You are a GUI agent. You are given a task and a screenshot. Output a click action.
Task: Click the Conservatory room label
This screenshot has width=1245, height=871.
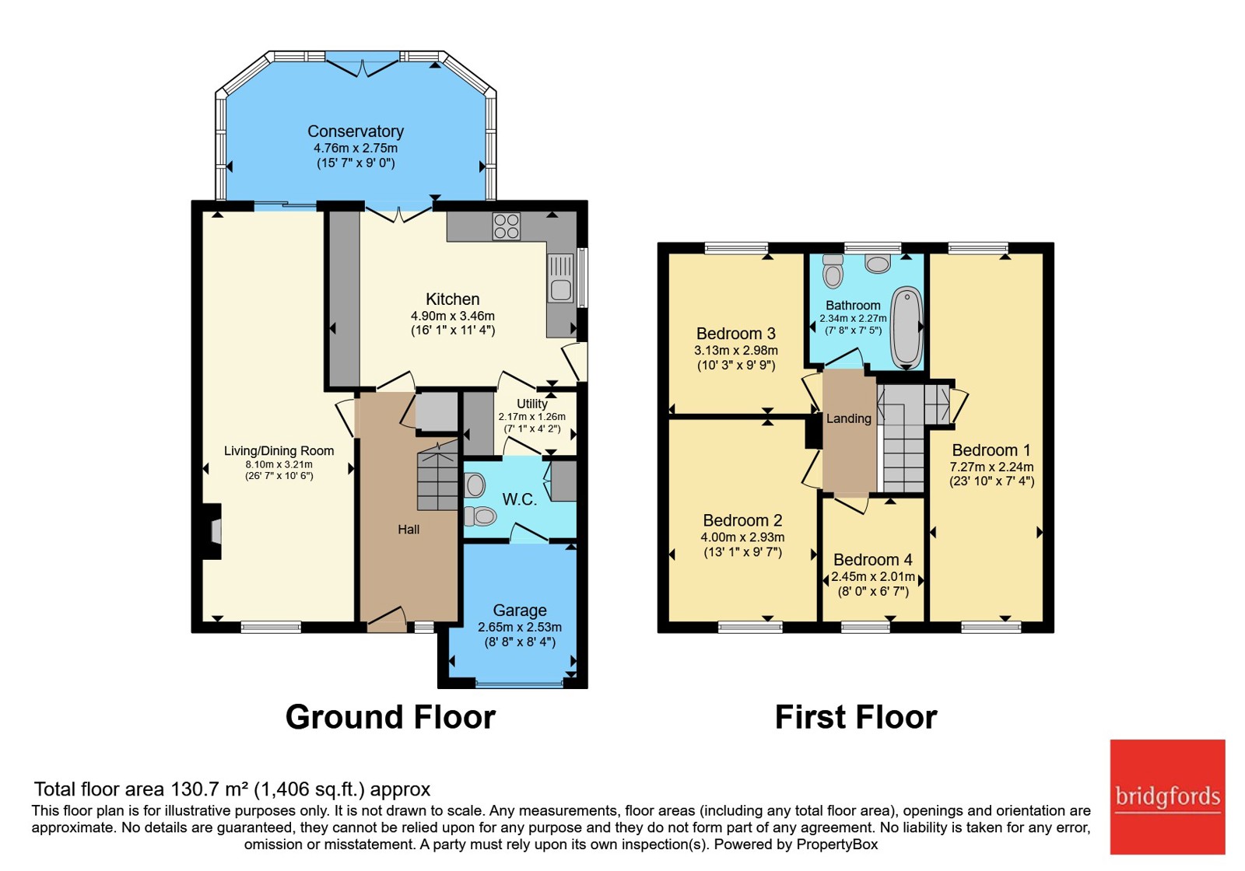[x=356, y=131]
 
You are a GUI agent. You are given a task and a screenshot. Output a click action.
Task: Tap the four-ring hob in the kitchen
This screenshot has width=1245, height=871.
[x=506, y=226]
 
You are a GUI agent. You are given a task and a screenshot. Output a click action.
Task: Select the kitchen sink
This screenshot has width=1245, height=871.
[x=560, y=278]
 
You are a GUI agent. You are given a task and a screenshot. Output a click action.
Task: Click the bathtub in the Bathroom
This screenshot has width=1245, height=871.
[x=907, y=327]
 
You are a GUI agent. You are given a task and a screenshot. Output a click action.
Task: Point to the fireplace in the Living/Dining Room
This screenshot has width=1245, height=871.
[x=212, y=532]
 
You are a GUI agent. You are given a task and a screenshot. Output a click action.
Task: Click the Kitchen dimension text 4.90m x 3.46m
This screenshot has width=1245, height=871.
[x=452, y=316]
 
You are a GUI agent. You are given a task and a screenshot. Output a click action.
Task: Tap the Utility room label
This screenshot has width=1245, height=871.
[x=532, y=404]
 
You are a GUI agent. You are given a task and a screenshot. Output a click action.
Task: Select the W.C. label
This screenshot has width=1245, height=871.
[x=520, y=499]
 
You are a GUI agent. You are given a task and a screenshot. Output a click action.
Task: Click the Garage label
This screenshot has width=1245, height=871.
[x=520, y=610]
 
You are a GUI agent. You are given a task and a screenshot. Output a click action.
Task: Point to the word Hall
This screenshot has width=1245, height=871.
[x=409, y=530]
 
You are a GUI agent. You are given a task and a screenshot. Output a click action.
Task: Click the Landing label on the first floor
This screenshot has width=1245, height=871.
[x=849, y=419]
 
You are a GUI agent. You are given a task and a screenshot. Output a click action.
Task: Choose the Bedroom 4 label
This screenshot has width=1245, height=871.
[x=873, y=559]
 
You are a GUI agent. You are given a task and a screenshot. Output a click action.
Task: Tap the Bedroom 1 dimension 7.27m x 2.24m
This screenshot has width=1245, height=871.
[x=991, y=467]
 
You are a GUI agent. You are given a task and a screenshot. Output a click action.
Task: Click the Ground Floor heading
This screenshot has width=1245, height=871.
[x=390, y=717]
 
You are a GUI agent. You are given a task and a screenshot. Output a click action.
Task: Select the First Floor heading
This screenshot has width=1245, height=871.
[x=856, y=717]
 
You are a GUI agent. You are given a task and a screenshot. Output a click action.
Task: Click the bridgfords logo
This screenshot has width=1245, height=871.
[x=1168, y=796]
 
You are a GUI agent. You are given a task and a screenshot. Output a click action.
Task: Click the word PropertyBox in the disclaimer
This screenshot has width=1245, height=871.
[x=837, y=845]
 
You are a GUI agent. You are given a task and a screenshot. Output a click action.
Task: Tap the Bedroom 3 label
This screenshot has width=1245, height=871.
[x=736, y=334]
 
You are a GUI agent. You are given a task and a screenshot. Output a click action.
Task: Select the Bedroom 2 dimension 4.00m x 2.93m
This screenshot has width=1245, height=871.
[x=742, y=537]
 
